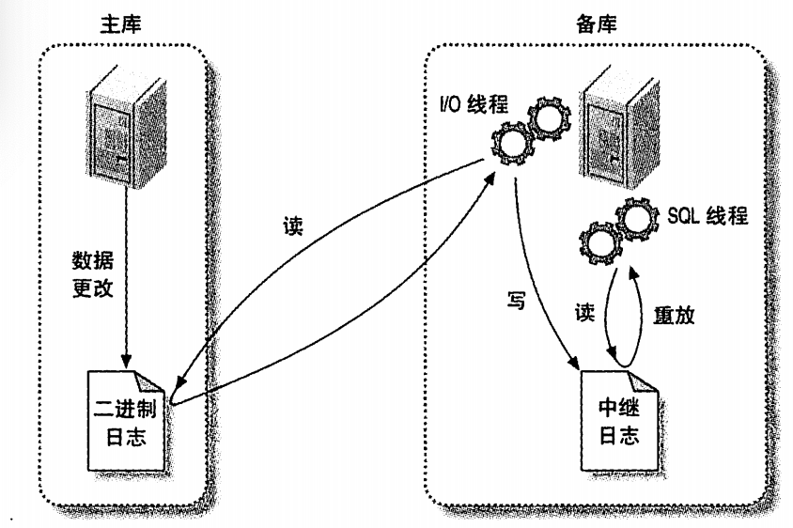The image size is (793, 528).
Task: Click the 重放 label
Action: point(674,317)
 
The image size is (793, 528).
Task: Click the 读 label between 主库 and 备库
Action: point(292,228)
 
